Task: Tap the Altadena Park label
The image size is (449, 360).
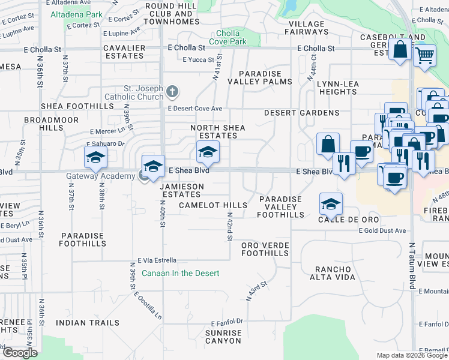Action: tap(77, 14)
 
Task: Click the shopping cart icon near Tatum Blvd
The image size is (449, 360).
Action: tap(425, 55)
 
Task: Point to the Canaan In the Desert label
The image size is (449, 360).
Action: tap(181, 273)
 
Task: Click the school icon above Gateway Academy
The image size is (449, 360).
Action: tap(153, 166)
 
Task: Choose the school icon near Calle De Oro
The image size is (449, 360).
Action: tap(330, 205)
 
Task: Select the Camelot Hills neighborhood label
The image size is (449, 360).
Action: tap(213, 205)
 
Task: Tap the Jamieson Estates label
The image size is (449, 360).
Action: tap(181, 190)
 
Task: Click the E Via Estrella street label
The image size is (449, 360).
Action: tap(157, 260)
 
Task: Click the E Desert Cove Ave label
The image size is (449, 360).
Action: tap(195, 109)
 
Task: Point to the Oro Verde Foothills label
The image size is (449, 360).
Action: tap(265, 249)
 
